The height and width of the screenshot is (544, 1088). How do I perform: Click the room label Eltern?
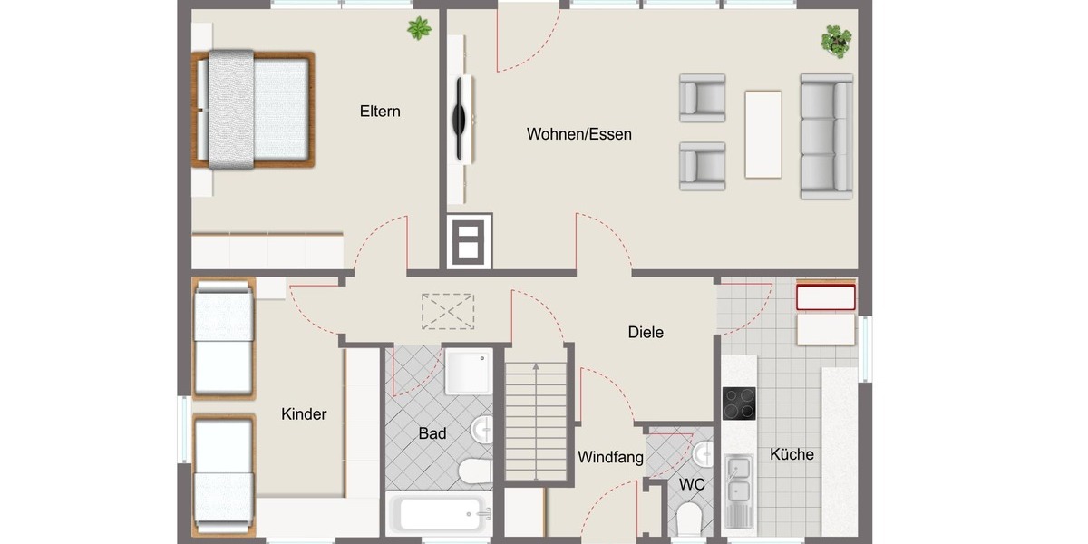tap(380, 112)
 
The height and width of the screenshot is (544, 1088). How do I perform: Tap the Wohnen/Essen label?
tap(578, 134)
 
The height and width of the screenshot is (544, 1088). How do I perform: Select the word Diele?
tap(646, 332)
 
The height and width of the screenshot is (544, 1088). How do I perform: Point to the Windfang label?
tap(610, 457)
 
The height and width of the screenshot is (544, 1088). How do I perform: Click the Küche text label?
tap(792, 454)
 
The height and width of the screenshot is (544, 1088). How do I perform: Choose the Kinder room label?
tap(304, 414)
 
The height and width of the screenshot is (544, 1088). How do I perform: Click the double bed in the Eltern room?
tap(254, 110)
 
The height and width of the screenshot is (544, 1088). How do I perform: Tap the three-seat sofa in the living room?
tap(826, 136)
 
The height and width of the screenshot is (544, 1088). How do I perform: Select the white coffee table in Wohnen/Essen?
tap(763, 134)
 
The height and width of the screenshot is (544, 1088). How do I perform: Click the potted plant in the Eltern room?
tap(419, 29)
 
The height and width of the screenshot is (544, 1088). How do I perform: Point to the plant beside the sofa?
tap(836, 41)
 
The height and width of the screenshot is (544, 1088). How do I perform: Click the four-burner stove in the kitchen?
tap(739, 403)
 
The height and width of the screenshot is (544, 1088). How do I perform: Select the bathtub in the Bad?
tap(439, 514)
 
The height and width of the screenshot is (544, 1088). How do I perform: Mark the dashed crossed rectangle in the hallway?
tap(448, 311)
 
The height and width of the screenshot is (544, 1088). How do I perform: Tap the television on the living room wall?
tap(461, 116)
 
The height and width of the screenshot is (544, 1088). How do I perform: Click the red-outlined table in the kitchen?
tap(825, 297)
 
